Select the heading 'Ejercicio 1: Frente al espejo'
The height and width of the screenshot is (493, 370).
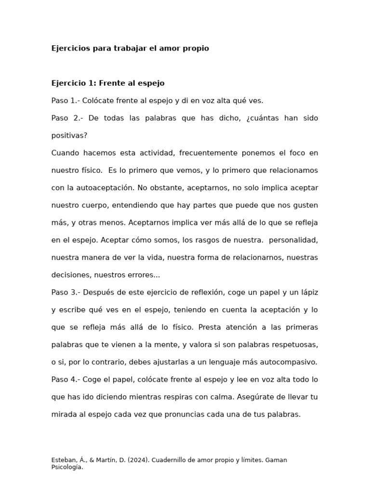coord(108,83)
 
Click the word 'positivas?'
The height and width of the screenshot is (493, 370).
coord(69,136)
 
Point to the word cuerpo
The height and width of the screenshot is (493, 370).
coord(96,205)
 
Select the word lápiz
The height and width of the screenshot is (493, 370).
coord(308,292)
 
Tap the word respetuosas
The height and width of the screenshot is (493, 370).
coord(293,345)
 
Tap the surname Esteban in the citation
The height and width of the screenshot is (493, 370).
coord(63,460)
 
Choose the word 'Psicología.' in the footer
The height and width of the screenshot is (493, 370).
coord(67,467)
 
